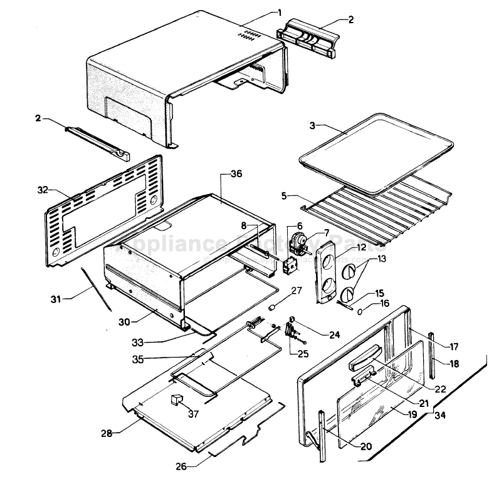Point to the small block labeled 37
click(176, 399)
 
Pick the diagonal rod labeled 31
click(96, 287)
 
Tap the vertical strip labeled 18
click(433, 356)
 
